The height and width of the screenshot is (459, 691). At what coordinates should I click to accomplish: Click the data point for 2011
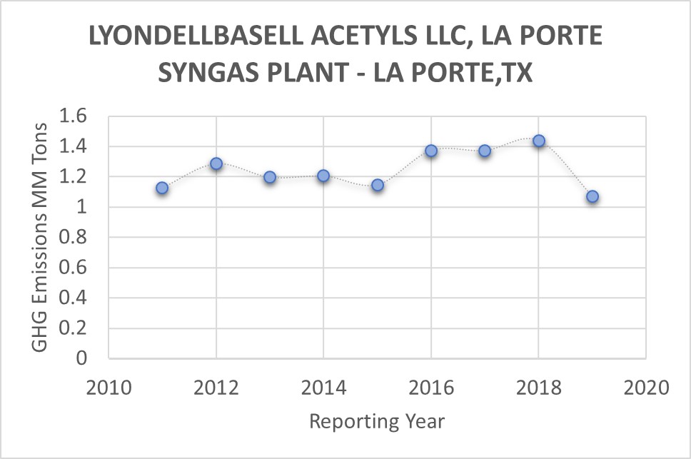tap(162, 188)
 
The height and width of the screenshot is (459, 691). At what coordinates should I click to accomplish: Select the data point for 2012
tap(216, 163)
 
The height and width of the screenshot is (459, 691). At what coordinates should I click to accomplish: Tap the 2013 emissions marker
tap(270, 177)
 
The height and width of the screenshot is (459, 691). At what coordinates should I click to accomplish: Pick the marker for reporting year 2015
tap(378, 185)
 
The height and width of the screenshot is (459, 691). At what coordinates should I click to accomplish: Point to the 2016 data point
tap(431, 151)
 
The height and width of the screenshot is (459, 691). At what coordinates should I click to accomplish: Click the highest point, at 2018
tap(539, 141)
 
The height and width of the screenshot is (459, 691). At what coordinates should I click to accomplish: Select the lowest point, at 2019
tap(592, 196)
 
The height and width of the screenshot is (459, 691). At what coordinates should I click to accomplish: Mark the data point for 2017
tap(485, 151)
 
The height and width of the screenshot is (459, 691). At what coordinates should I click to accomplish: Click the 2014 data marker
tap(323, 176)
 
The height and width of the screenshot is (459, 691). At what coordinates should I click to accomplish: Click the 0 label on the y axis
tap(81, 358)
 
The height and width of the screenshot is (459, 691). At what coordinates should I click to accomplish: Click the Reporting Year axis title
tap(377, 421)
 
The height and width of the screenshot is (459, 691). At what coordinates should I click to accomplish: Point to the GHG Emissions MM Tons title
tap(41, 236)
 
